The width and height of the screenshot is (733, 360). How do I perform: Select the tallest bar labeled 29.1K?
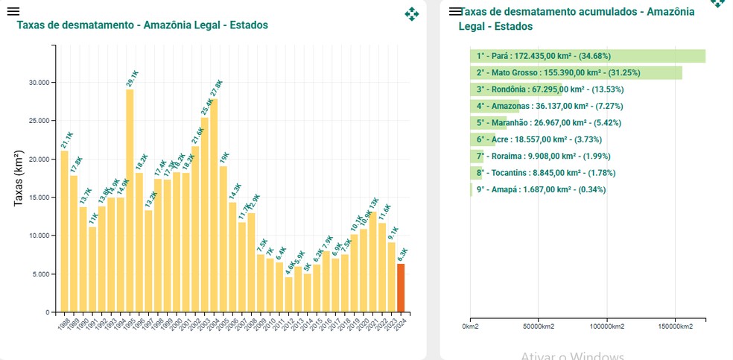(x=130, y=200)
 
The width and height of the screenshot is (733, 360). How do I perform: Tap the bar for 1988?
(x=64, y=231)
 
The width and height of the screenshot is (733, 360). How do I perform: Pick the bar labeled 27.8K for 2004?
(x=214, y=205)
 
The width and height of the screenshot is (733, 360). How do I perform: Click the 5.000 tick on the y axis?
(x=39, y=274)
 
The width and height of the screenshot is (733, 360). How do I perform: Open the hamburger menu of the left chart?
(x=13, y=10)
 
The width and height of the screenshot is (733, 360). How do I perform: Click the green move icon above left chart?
(x=411, y=13)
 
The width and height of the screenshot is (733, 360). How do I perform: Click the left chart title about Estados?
(x=142, y=25)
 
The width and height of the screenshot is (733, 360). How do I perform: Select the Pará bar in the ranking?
(x=587, y=56)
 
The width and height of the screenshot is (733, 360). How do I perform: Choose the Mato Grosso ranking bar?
(x=575, y=72)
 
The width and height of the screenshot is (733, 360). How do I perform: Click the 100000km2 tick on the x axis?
(x=607, y=326)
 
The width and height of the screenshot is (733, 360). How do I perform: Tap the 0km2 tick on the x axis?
(x=470, y=326)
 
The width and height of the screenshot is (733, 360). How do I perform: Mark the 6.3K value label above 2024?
(x=402, y=255)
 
